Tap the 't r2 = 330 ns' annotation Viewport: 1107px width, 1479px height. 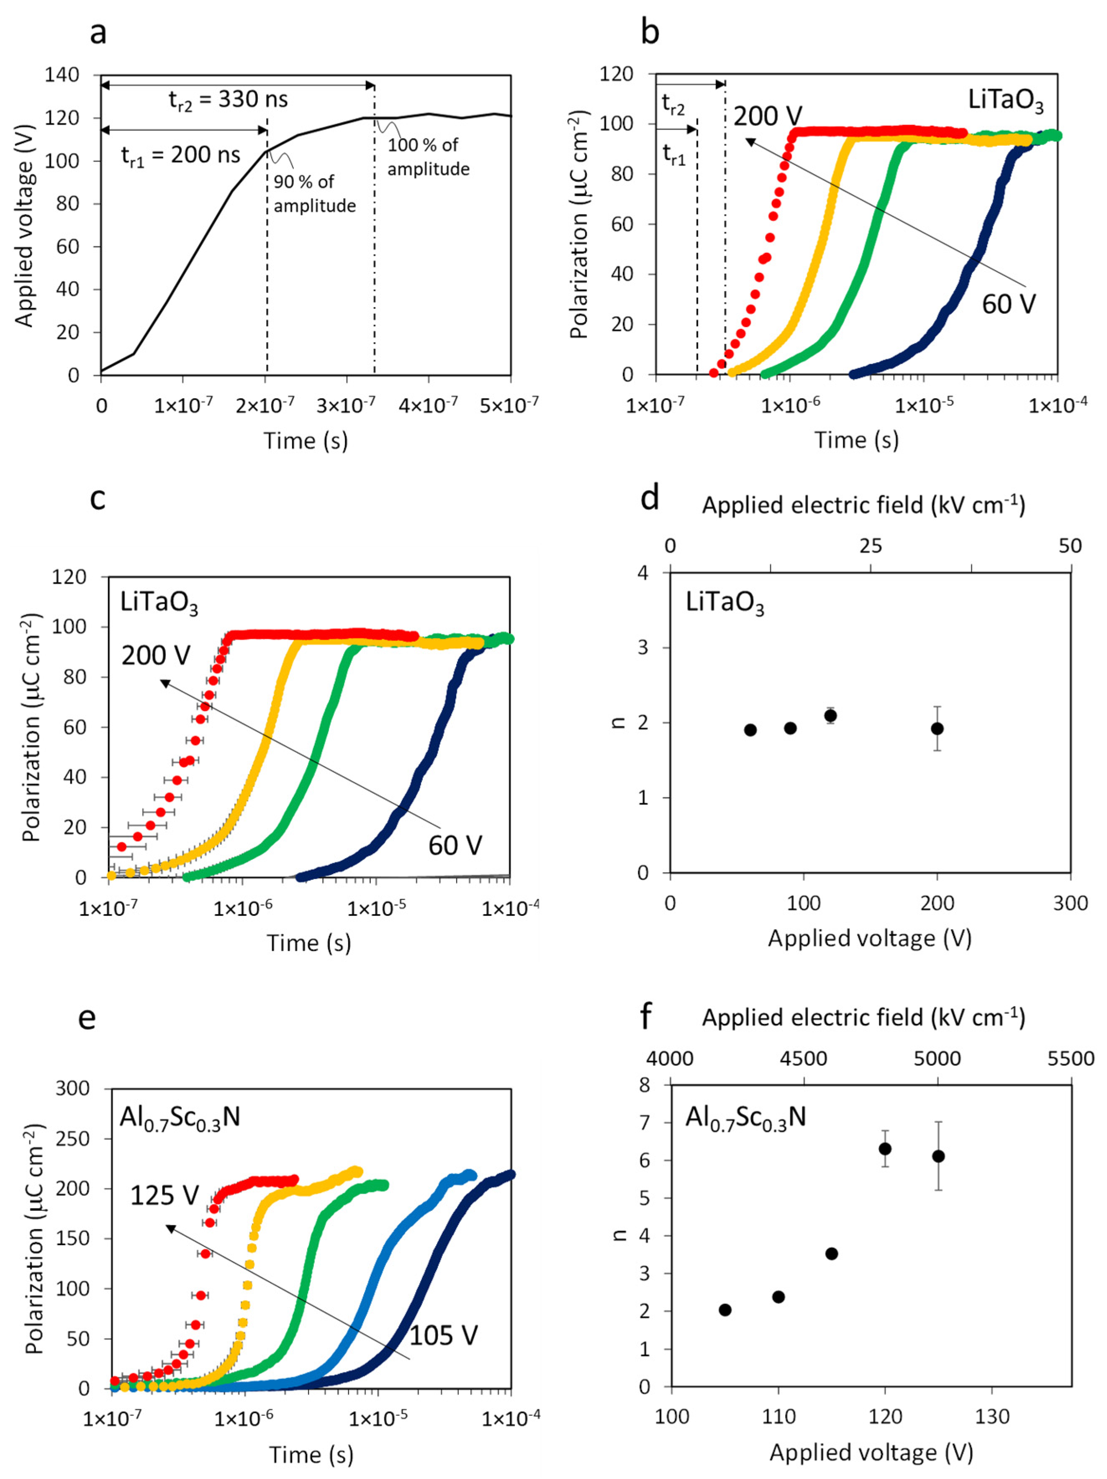228,100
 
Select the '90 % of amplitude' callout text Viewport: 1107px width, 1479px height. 314,194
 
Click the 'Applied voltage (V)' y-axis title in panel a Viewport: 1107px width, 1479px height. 24,226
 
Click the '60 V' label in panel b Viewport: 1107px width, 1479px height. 1008,304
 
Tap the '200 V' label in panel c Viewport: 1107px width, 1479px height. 156,655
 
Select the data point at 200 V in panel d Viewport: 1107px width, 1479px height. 937,728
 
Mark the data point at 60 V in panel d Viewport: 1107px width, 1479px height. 750,730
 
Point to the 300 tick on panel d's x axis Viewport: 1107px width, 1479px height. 1070,903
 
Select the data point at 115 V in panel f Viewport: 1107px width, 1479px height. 832,1253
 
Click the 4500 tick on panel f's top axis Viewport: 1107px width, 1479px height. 803,1059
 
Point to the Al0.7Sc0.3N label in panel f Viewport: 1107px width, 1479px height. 745,1117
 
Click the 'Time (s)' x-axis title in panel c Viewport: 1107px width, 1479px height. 308,943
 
